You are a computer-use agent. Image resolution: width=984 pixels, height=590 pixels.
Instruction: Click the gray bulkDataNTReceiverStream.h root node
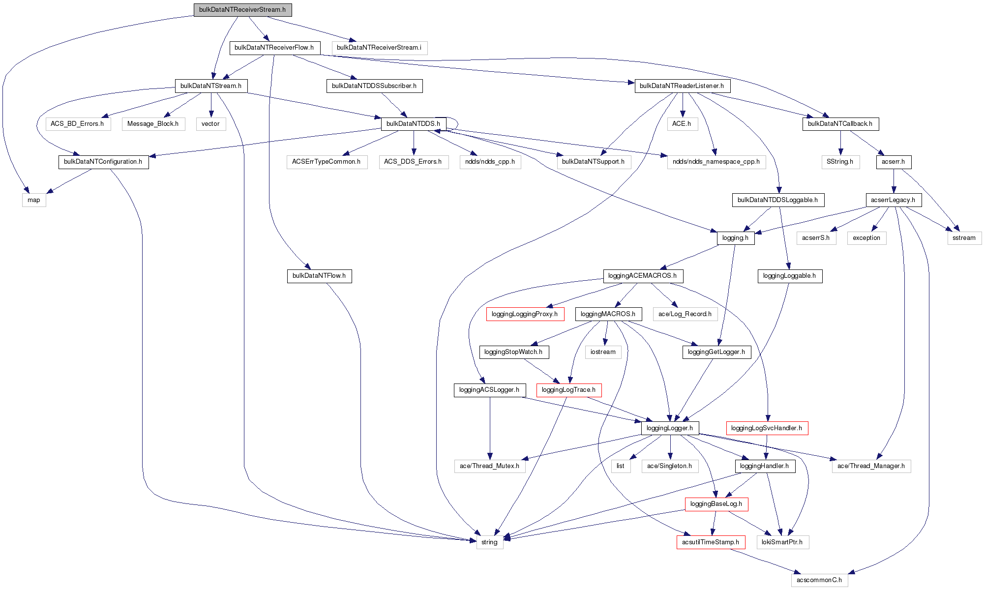click(242, 10)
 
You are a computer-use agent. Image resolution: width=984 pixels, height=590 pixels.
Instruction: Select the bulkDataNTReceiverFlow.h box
click(274, 48)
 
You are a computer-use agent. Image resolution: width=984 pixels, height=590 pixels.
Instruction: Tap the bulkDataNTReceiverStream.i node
click(379, 48)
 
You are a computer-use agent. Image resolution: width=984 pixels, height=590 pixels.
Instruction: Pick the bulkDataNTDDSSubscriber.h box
click(374, 86)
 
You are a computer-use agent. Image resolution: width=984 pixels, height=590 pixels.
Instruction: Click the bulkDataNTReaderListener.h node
click(682, 86)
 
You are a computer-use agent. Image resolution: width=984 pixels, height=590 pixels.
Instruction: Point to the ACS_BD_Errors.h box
click(77, 124)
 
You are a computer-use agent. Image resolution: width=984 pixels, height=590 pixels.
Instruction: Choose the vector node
click(210, 124)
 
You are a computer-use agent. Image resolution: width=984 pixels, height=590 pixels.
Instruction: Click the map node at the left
click(34, 200)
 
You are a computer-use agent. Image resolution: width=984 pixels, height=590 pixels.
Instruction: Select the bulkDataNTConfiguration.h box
click(103, 162)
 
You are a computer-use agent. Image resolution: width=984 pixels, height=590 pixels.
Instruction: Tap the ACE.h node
click(682, 124)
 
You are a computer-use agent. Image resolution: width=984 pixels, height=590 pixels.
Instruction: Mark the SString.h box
click(840, 162)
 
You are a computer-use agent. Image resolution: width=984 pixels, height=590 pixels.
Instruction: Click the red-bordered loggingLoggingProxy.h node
click(525, 314)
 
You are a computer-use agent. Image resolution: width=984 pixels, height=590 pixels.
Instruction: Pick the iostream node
click(603, 352)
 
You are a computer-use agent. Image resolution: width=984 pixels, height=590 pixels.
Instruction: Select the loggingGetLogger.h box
click(716, 352)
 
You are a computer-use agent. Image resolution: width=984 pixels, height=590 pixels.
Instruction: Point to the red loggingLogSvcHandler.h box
click(767, 428)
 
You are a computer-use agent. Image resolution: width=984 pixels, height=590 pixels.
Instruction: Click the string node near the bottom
click(489, 542)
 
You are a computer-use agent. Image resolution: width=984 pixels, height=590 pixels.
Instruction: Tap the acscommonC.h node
click(819, 580)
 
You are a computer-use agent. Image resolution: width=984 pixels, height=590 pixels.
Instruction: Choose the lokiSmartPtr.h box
click(782, 542)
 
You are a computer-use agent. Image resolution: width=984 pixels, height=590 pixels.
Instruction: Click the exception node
click(866, 238)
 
